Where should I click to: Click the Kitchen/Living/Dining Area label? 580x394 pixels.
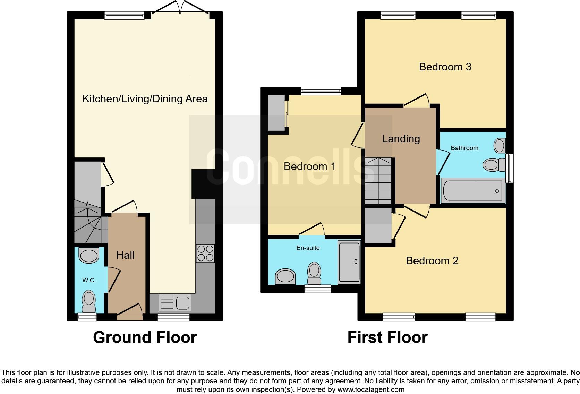tap(145, 99)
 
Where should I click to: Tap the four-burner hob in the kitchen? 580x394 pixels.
tap(205, 254)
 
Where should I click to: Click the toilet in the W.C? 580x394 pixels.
tap(89, 301)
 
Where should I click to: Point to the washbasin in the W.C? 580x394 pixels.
tap(89, 256)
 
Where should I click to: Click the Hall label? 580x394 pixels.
tap(125, 255)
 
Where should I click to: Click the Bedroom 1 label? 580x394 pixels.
tap(309, 166)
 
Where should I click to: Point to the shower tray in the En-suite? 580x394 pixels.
tap(349, 263)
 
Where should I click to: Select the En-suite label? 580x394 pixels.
tap(308, 248)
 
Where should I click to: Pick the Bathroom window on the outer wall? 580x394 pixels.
tap(510, 168)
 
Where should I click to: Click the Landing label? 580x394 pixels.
tap(401, 139)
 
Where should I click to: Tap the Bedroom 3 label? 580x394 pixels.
tap(445, 67)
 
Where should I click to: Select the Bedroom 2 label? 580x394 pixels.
tap(432, 261)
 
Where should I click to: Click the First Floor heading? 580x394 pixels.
tap(387, 337)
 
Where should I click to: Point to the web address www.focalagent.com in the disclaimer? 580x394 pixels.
tap(371, 389)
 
